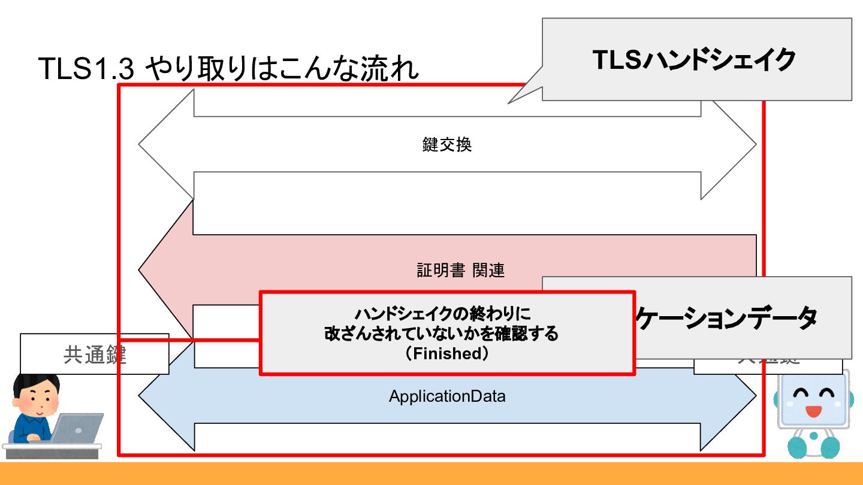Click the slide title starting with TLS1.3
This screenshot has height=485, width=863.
[228, 69]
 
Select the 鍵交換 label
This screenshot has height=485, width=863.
[447, 145]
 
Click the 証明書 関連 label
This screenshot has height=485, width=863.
[461, 270]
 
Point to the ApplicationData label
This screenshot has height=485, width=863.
[447, 396]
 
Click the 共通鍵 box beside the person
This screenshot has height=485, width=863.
[95, 354]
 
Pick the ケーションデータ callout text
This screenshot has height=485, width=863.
[725, 318]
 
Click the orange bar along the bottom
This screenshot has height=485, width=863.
[431, 473]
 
